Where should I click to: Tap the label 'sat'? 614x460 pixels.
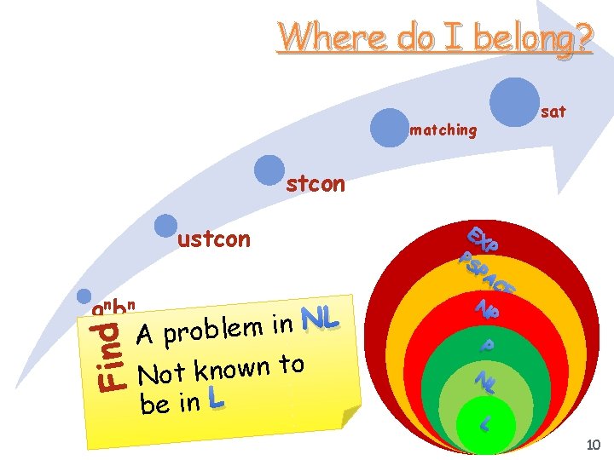[553, 112]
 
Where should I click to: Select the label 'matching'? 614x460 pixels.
[443, 130]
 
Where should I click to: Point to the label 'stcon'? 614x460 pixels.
[316, 183]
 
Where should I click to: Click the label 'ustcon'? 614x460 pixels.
[214, 239]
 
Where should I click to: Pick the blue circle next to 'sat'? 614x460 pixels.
[514, 99]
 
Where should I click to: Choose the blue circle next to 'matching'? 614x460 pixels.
[390, 128]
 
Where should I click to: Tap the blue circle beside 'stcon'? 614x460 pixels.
[270, 170]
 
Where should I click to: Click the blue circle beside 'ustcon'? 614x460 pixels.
[165, 225]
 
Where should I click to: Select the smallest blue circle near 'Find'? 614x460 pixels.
[84, 295]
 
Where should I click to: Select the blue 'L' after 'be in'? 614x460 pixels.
[216, 399]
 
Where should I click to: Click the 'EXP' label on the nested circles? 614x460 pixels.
[484, 239]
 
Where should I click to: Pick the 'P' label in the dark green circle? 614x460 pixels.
[486, 346]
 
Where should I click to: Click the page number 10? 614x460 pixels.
[594, 444]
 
